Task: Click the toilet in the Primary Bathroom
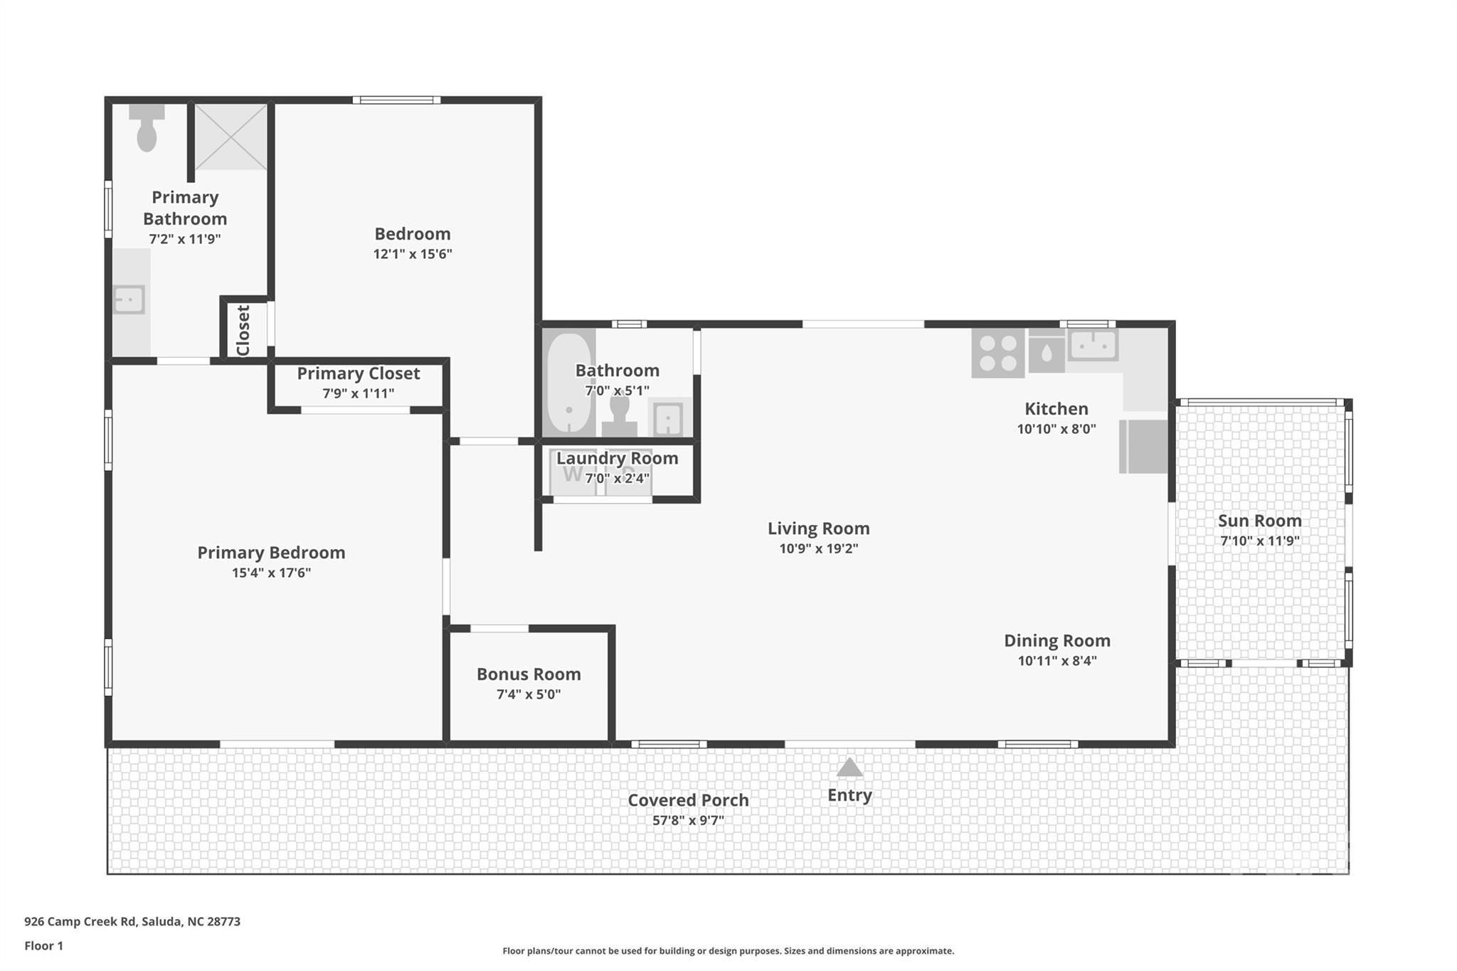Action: (147, 129)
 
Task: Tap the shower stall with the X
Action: (231, 137)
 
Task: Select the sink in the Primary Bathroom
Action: (129, 299)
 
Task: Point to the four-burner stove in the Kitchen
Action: (997, 354)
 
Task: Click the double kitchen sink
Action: (1093, 346)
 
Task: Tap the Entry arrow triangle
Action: (849, 768)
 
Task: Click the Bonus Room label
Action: (529, 674)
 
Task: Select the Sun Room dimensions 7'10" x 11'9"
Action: (1259, 541)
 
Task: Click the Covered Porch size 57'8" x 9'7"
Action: (688, 820)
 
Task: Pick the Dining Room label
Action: (1056, 640)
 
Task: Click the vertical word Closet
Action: (243, 330)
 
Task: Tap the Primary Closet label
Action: (358, 373)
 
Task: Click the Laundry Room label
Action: (617, 458)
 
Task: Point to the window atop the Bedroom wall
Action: (396, 100)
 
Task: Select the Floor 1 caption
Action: (43, 945)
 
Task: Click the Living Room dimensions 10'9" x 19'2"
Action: (818, 548)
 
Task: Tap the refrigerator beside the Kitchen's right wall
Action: (1144, 447)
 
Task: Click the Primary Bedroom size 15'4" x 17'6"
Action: (271, 573)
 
